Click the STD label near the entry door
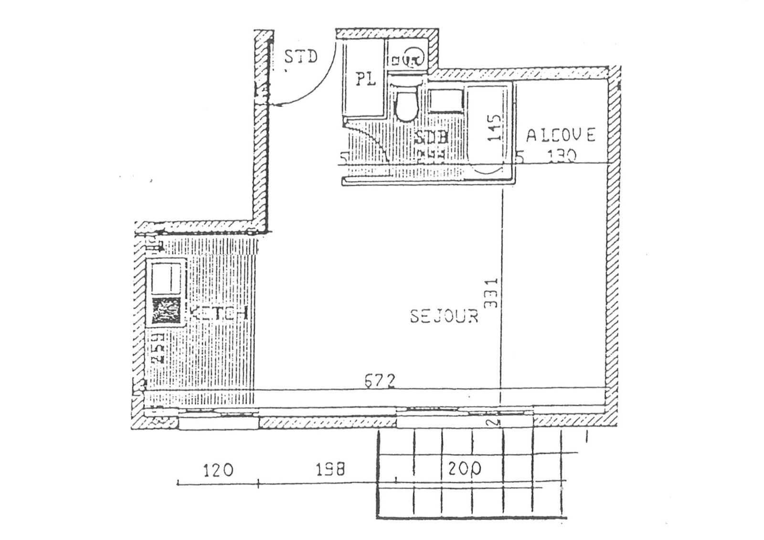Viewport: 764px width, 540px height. pyautogui.click(x=301, y=57)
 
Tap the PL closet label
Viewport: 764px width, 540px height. pyautogui.click(x=366, y=79)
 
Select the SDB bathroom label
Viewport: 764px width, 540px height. pyautogui.click(x=431, y=137)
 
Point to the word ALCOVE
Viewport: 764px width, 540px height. pyautogui.click(x=561, y=136)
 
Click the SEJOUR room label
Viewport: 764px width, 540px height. pyautogui.click(x=444, y=316)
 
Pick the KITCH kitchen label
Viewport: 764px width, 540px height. pyautogui.click(x=219, y=313)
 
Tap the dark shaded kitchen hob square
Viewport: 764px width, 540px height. pyautogui.click(x=166, y=311)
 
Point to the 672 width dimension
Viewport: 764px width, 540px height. pyautogui.click(x=380, y=381)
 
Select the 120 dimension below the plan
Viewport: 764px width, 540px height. pyautogui.click(x=218, y=470)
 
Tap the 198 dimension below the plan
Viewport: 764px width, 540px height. pyautogui.click(x=330, y=470)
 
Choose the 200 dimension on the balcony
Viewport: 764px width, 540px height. pyautogui.click(x=465, y=469)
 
